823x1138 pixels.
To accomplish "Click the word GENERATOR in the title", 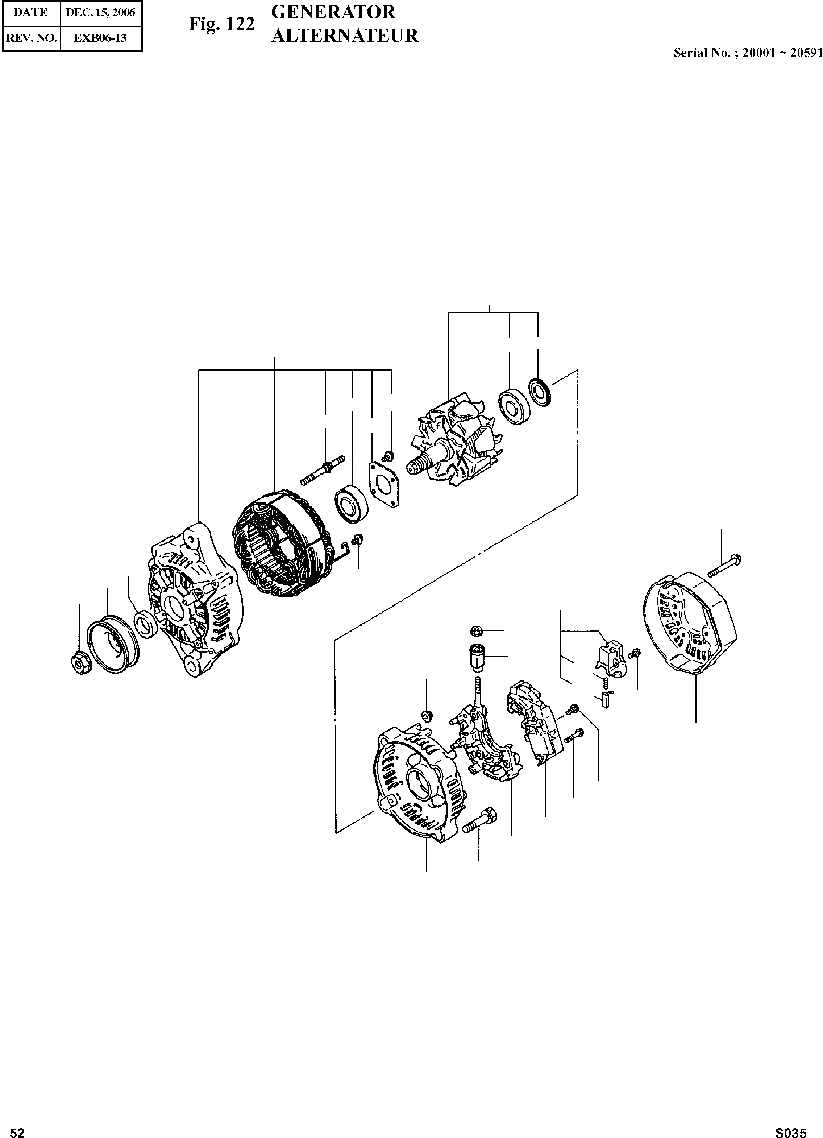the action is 333,12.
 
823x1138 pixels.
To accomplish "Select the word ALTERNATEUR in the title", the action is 345,36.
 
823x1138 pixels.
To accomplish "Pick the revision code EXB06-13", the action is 100,38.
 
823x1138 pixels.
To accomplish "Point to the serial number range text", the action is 748,53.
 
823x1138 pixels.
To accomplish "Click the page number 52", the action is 17,1132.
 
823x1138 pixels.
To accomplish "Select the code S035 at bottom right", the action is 791,1132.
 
